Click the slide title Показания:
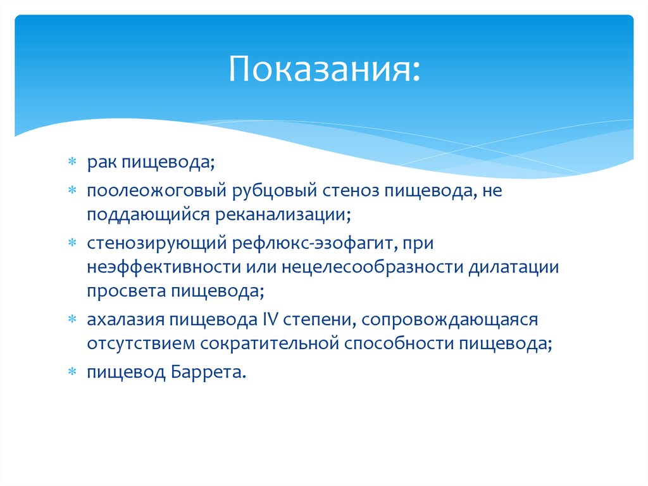click(x=323, y=69)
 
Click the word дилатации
click(x=513, y=267)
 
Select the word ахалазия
click(x=124, y=319)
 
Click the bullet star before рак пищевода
click(x=73, y=164)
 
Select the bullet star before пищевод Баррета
click(x=73, y=373)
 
